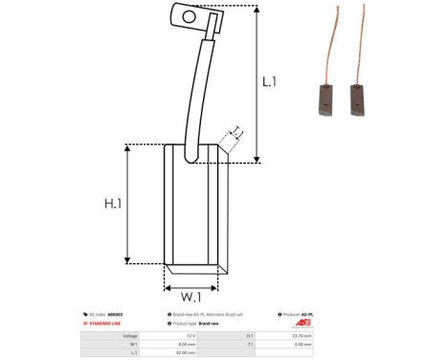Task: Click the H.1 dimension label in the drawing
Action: (x=114, y=204)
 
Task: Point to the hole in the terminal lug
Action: (x=188, y=15)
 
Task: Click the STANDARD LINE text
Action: (x=104, y=324)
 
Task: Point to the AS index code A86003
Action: (x=115, y=314)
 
